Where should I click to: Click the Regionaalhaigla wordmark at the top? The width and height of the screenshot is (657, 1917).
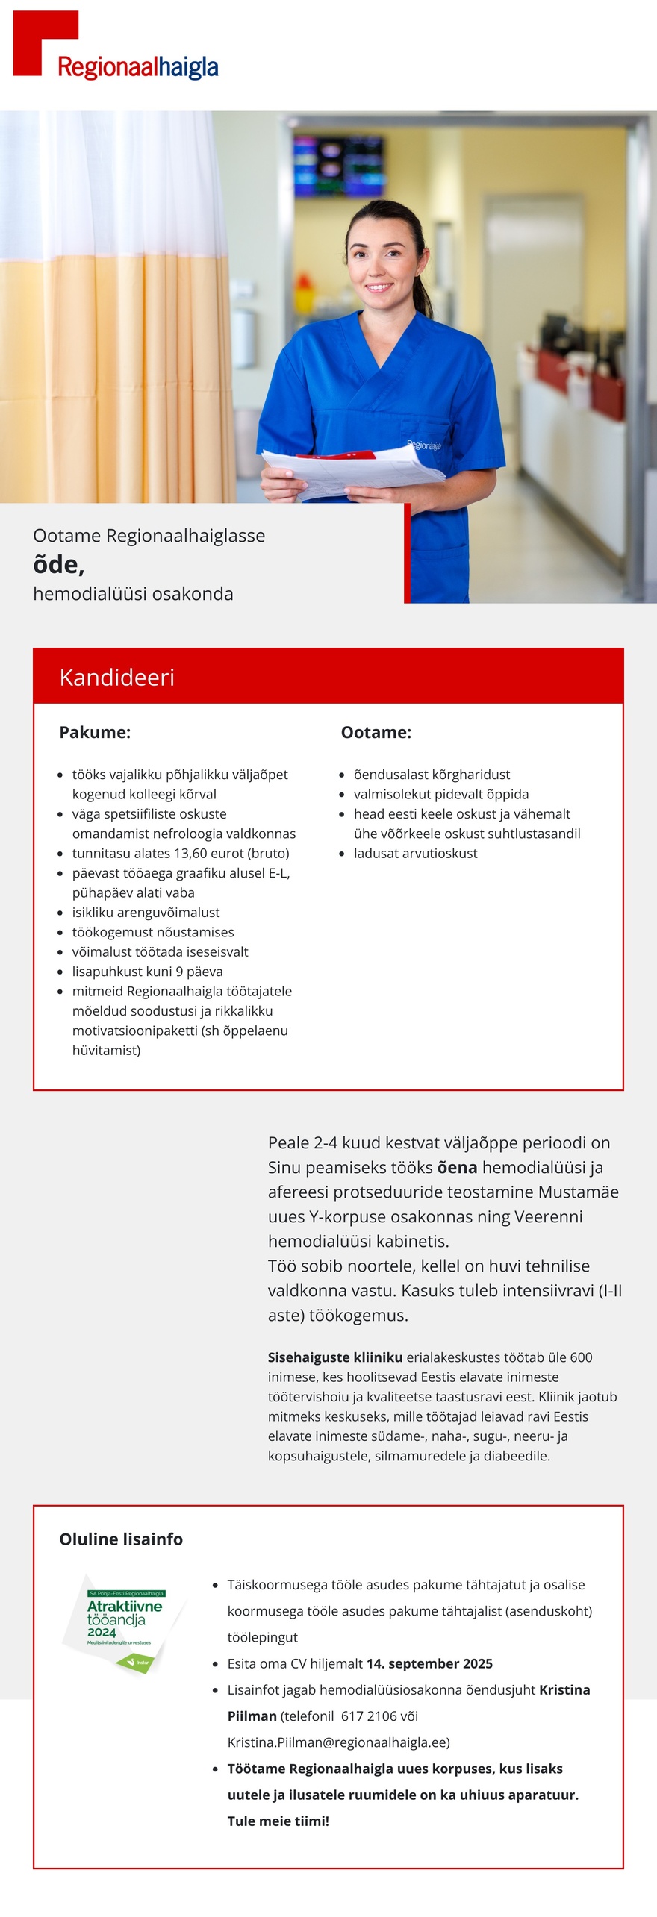(x=137, y=67)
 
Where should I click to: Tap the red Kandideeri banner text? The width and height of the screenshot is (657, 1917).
(x=116, y=677)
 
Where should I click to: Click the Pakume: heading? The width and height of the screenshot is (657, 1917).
(x=95, y=732)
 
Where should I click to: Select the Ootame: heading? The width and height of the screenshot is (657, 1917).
(x=376, y=732)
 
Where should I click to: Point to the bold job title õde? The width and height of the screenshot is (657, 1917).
(x=58, y=564)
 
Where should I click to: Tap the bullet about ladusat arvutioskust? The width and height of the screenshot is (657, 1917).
(x=415, y=853)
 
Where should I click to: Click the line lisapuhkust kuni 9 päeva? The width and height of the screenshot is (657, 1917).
(x=147, y=971)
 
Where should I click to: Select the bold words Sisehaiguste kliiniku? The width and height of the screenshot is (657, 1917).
(x=334, y=1357)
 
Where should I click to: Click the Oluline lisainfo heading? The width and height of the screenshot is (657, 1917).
(x=121, y=1539)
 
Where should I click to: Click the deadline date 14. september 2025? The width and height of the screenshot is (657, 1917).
(x=429, y=1663)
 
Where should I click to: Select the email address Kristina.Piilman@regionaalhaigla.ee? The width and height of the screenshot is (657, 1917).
(x=338, y=1742)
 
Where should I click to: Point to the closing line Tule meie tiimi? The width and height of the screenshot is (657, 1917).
(x=278, y=1821)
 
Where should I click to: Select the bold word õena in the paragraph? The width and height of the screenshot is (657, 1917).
(x=457, y=1167)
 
